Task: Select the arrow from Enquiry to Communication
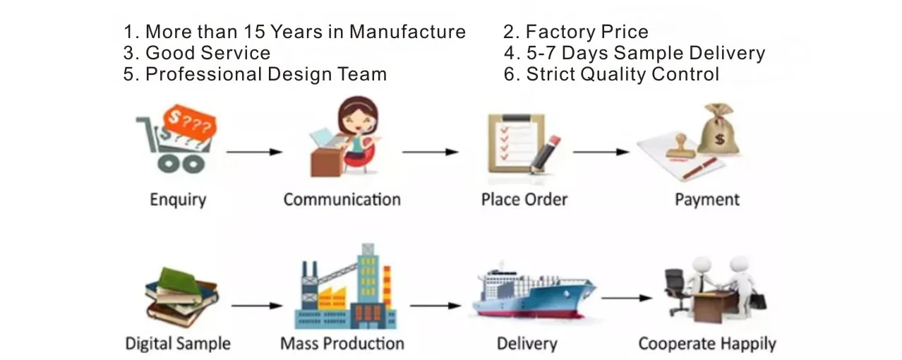pyautogui.click(x=253, y=152)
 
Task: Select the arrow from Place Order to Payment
pyautogui.click(x=601, y=152)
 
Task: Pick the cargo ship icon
pyautogui.click(x=534, y=297)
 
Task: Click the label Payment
pyautogui.click(x=706, y=200)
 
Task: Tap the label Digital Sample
pyautogui.click(x=178, y=344)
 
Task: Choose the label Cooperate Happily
pyautogui.click(x=706, y=344)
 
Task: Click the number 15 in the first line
pyautogui.click(x=255, y=32)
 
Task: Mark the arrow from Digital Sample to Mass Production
pyautogui.click(x=256, y=306)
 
